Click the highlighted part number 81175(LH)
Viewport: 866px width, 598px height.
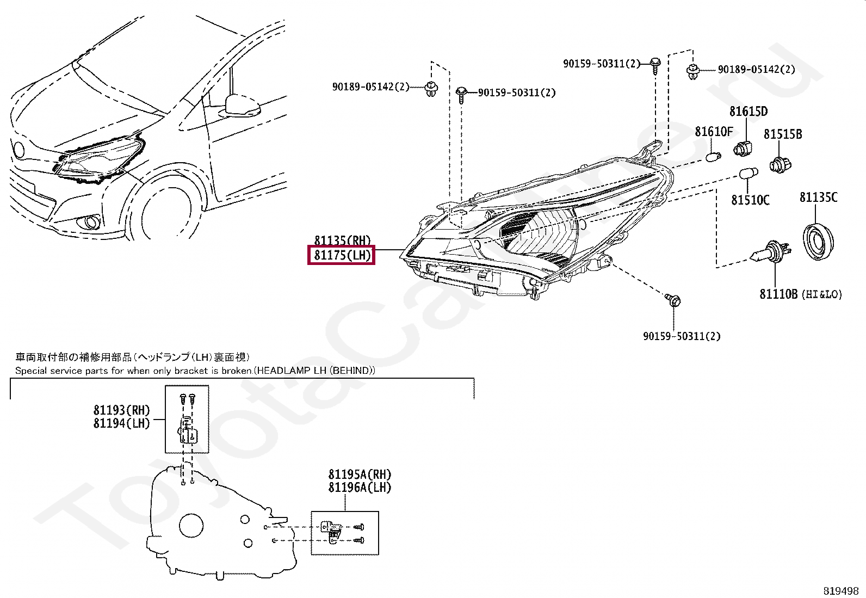pos(342,255)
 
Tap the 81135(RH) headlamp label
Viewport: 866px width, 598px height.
pos(342,240)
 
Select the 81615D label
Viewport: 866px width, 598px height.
pos(749,112)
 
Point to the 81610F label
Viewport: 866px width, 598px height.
pos(714,132)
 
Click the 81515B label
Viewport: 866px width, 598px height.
pos(783,134)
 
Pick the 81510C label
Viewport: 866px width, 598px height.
pos(750,200)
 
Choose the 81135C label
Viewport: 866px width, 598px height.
pos(819,198)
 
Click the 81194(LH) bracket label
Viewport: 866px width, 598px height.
pos(121,423)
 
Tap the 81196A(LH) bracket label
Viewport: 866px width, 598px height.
pos(360,488)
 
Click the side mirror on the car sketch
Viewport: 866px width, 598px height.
pos(242,106)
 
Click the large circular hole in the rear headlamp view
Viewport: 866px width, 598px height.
pos(191,526)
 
